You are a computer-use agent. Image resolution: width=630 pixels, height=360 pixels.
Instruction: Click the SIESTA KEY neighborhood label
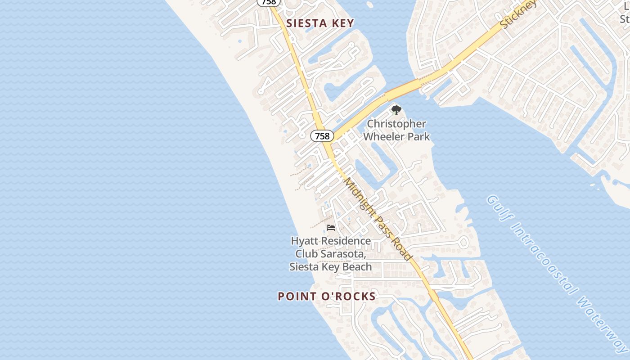coord(320,23)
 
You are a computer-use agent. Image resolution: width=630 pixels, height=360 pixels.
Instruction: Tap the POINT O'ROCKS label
coord(326,296)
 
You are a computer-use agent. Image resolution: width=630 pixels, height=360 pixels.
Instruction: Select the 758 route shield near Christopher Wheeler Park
coord(322,136)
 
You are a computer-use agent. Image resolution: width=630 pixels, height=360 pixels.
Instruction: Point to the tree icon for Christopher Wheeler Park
coord(396,110)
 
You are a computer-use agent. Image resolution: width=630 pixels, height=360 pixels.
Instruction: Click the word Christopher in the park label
coord(396,124)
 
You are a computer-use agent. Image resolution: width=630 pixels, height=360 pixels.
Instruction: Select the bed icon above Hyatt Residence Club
coord(331,228)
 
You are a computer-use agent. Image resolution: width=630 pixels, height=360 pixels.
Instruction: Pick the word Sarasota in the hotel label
coord(344,254)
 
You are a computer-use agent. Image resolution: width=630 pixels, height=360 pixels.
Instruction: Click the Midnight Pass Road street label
coord(378,219)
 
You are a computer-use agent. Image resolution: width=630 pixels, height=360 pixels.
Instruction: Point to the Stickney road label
coord(518,14)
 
